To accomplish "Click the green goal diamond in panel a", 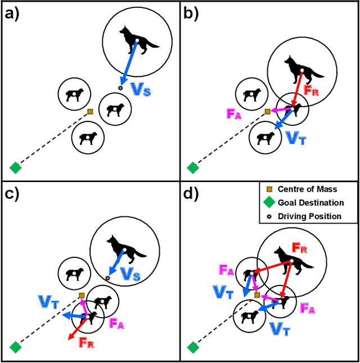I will coord(16,167).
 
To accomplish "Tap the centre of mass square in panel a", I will coord(90,111).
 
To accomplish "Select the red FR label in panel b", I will coord(311,89).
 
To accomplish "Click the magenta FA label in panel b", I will coord(235,113).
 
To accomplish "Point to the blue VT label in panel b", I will coord(296,138).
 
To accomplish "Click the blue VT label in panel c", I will coord(49,302).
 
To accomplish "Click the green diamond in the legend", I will coord(269,203).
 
